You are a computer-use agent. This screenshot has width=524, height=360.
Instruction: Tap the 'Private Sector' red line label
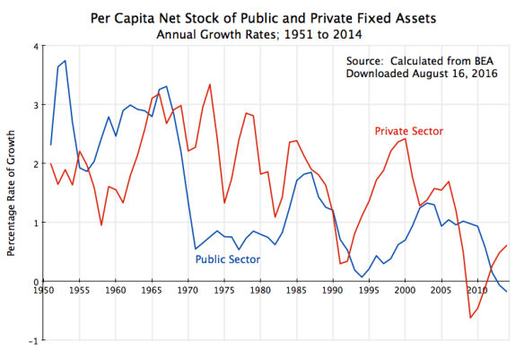[x=408, y=132]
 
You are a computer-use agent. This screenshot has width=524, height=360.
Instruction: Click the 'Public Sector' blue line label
[x=228, y=259]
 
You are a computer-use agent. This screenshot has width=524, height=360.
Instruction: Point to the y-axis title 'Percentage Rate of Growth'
[x=12, y=192]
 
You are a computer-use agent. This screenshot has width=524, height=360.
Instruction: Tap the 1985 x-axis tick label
[x=297, y=291]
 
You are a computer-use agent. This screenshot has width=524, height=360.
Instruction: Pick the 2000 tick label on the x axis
[x=406, y=291]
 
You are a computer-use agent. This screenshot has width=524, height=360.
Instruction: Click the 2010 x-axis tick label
[x=477, y=291]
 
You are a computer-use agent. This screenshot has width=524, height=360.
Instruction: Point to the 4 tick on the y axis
[x=34, y=47]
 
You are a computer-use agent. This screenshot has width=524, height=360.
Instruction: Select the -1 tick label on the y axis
[x=32, y=340]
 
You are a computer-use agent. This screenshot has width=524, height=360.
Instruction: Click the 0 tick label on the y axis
[x=34, y=282]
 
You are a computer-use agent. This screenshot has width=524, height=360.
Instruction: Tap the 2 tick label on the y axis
[x=34, y=164]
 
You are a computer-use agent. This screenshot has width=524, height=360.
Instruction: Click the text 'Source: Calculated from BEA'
[x=422, y=61]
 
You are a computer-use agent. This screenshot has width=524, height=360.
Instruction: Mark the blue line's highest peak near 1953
[x=65, y=61]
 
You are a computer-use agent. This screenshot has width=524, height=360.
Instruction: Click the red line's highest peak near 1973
[x=210, y=84]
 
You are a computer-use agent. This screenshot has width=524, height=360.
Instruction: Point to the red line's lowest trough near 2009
[x=470, y=318]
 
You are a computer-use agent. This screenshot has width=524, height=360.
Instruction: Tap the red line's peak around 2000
[x=406, y=138]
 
